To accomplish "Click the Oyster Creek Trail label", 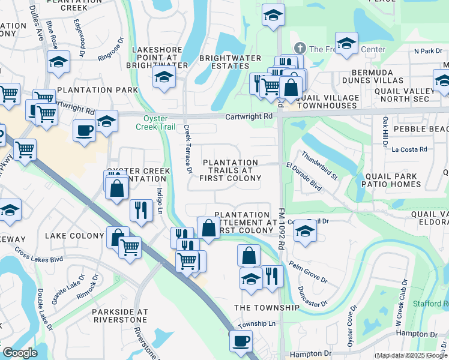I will [x=162, y=122].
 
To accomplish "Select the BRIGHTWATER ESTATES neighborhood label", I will [x=230, y=63].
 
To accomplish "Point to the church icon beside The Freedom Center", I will [x=300, y=49].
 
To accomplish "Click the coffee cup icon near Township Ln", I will [x=241, y=341].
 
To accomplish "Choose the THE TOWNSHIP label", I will [x=267, y=307].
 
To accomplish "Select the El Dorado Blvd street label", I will [x=304, y=177].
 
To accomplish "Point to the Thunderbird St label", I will [x=319, y=164].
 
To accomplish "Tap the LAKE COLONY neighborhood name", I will [x=74, y=236].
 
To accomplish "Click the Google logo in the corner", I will [x=20, y=353].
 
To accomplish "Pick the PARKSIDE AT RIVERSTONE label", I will [x=119, y=317].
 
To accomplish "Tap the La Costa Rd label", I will [x=408, y=149].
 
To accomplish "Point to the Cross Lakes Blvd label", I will [x=39, y=254].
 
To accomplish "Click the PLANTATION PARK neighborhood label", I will [x=97, y=90].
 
